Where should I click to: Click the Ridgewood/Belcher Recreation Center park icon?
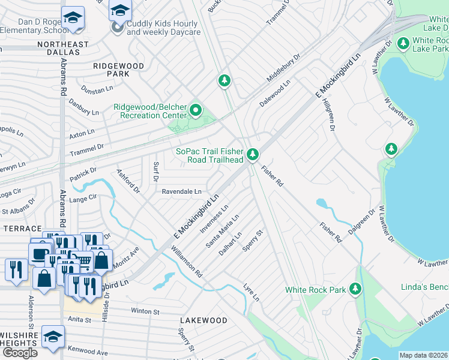(196, 110)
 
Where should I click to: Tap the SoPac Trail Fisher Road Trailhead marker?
(253, 155)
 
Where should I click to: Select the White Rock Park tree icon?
(355, 290)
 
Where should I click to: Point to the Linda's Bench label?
(424, 287)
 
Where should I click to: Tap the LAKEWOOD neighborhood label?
(203, 321)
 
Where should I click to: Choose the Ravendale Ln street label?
(181, 191)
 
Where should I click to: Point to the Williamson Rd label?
(186, 262)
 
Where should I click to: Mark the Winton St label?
(145, 311)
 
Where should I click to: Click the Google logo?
(20, 353)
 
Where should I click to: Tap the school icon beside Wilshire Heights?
(52, 338)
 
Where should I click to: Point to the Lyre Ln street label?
(252, 292)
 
